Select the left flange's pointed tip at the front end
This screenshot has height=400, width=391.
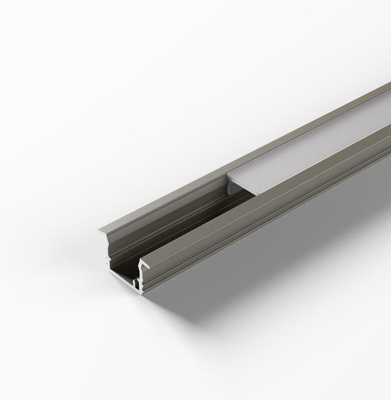point(100,232)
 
